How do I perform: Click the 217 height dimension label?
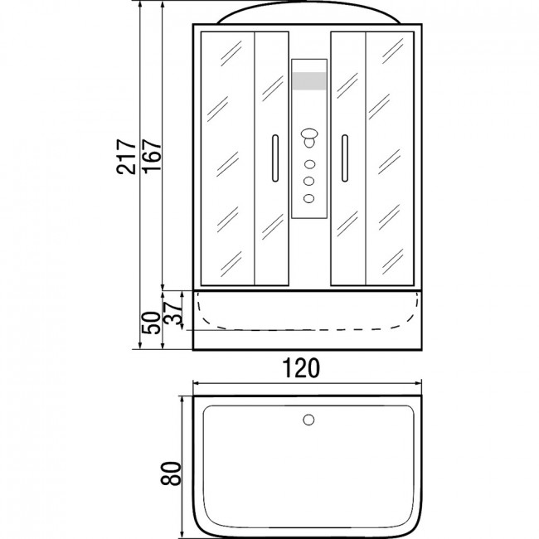(127, 157)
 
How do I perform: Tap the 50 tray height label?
(151, 323)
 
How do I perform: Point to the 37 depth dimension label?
(172, 313)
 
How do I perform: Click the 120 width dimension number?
(301, 368)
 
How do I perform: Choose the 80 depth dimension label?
(171, 473)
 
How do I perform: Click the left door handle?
(275, 158)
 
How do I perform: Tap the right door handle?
(345, 158)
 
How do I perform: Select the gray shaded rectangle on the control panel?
(309, 81)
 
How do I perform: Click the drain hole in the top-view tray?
(308, 420)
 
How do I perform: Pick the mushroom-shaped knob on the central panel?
(309, 138)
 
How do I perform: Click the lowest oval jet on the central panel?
(308, 198)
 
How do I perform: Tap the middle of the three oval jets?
(308, 181)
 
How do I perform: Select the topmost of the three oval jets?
(309, 164)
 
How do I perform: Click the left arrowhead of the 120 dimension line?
(195, 383)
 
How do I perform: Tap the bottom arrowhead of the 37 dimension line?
(182, 327)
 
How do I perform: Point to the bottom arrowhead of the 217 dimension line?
(140, 346)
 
